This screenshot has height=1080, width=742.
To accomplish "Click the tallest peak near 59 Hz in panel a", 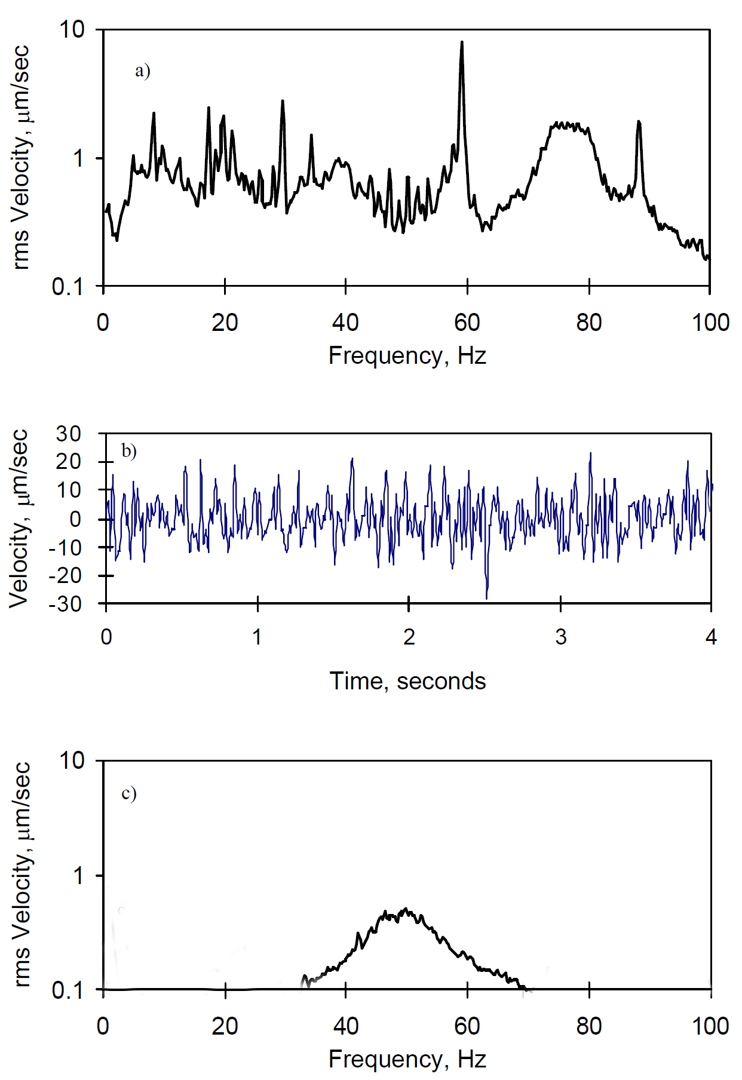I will [x=461, y=43].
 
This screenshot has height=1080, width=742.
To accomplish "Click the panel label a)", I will [x=142, y=71].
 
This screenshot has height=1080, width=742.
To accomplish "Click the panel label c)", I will [x=128, y=793].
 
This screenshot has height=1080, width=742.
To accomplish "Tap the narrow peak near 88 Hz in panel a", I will [x=639, y=122].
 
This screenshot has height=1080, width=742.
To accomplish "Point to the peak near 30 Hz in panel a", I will [x=283, y=102].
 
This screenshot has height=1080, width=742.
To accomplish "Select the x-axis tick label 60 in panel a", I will [x=467, y=323].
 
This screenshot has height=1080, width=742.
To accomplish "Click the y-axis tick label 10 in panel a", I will [x=72, y=29].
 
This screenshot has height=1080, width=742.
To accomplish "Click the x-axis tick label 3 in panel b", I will [x=560, y=637].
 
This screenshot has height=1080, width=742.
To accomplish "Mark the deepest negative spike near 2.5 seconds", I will [x=486, y=597].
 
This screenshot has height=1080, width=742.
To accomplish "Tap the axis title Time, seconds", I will [x=407, y=681].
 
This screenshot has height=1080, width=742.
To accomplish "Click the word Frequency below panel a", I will [x=385, y=355].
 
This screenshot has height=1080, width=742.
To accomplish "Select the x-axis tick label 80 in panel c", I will [x=588, y=1026].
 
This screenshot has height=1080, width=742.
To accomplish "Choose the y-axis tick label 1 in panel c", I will [x=78, y=876].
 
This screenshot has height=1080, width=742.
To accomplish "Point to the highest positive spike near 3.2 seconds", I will [x=590, y=453].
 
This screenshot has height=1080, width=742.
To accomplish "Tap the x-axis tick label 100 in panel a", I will [x=710, y=323].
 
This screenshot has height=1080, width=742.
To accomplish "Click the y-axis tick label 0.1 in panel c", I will [x=68, y=990].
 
